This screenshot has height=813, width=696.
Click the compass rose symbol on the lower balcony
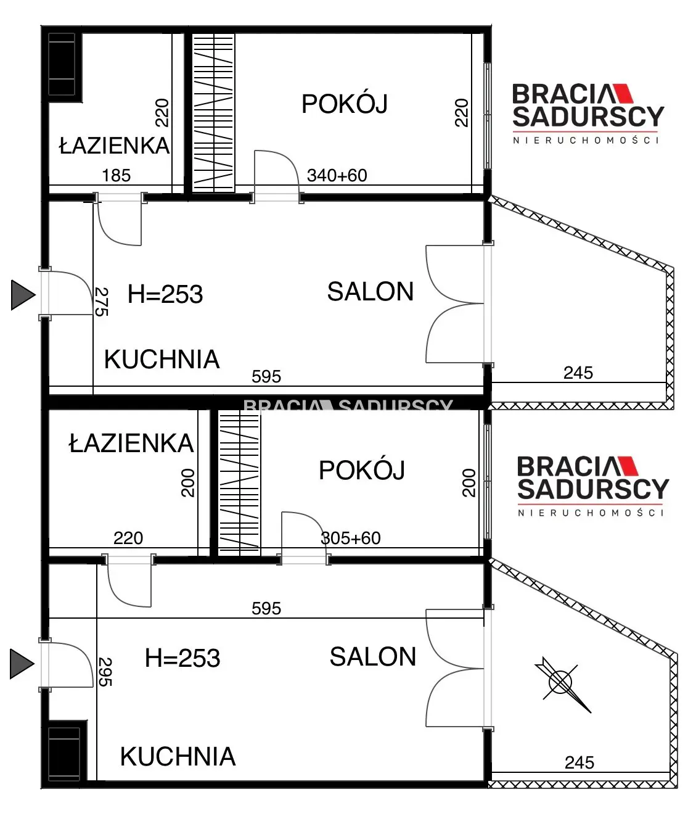tap(562, 682)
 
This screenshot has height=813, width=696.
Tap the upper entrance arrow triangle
tap(23, 294)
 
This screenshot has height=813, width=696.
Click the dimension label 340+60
tap(337, 175)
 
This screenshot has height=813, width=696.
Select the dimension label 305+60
tap(351, 538)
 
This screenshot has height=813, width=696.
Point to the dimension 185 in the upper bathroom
tap(116, 175)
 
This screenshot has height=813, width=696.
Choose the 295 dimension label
tap(105, 672)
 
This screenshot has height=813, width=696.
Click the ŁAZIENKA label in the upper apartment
tap(114, 146)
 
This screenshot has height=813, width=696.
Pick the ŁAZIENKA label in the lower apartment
tap(131, 444)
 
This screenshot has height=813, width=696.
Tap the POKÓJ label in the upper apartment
tap(344, 104)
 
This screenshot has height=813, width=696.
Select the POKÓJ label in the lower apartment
tap(361, 470)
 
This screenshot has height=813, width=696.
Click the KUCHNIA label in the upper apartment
tap(162, 359)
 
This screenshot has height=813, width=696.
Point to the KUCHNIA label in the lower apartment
tap(178, 756)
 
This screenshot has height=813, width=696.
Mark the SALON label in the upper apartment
tap(370, 292)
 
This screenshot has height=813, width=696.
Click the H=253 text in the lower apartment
tap(182, 658)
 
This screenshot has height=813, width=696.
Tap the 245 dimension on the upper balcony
tap(578, 373)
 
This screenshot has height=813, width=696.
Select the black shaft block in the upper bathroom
tap(62, 64)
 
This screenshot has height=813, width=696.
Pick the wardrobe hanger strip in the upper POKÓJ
tap(213, 112)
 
